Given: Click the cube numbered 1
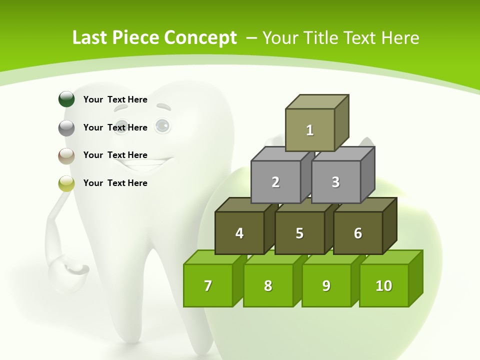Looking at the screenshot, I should [310, 130].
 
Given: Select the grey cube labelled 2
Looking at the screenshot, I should [275, 182].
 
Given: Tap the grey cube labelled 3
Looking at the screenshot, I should [335, 182].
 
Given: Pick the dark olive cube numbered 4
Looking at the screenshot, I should [239, 233].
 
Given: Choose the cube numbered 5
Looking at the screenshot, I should [299, 233].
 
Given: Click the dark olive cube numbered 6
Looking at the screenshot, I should [358, 233].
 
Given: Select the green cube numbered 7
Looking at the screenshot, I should [208, 285].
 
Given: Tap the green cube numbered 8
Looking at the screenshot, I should [268, 285].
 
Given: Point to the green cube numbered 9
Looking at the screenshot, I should [326, 285].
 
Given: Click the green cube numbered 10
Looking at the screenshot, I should [384, 285].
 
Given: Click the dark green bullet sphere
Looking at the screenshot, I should [66, 99].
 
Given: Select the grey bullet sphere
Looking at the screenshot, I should [66, 127].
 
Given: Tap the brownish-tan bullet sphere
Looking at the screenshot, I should [66, 155].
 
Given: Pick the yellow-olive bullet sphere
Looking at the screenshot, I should [66, 183].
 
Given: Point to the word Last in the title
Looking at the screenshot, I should [90, 38].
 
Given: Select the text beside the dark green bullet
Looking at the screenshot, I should [115, 99].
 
